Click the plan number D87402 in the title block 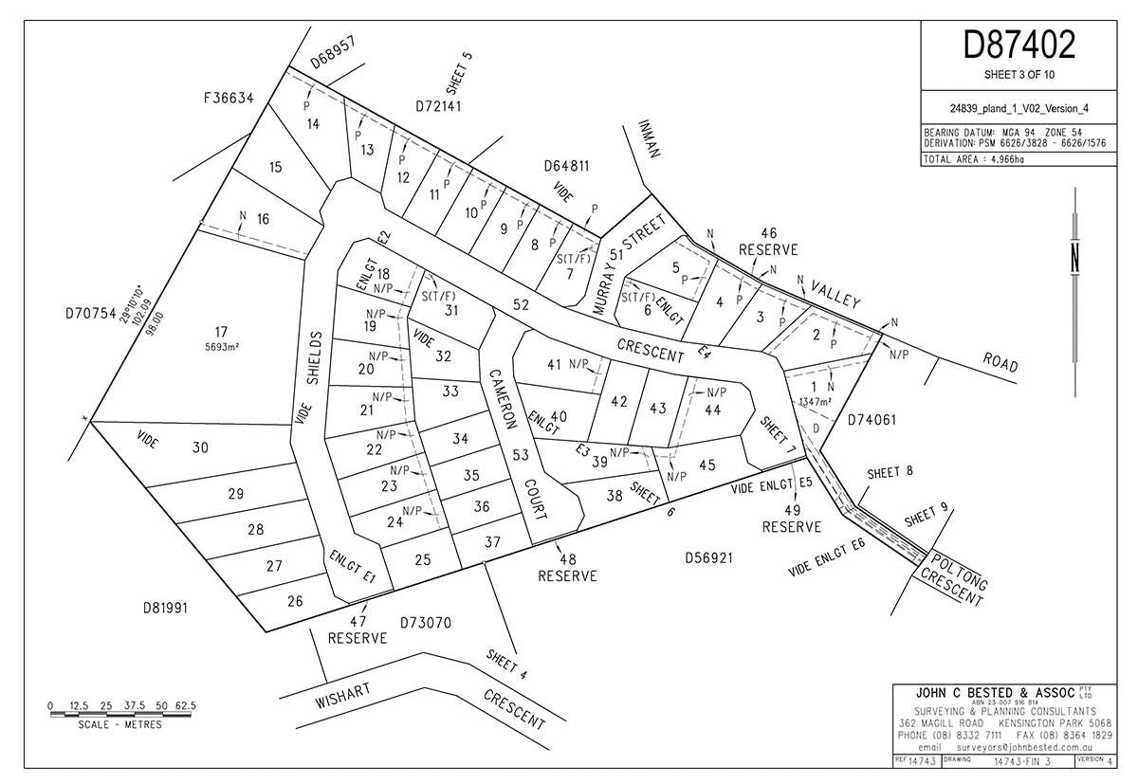[x=1019, y=45]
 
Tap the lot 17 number [x=221, y=332]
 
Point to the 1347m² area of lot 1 [x=817, y=402]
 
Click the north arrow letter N [x=1074, y=257]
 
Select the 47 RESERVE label [x=358, y=629]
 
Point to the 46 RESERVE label [x=769, y=241]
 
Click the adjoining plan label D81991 [x=165, y=608]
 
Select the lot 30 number [x=200, y=447]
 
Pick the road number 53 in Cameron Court [x=520, y=456]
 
